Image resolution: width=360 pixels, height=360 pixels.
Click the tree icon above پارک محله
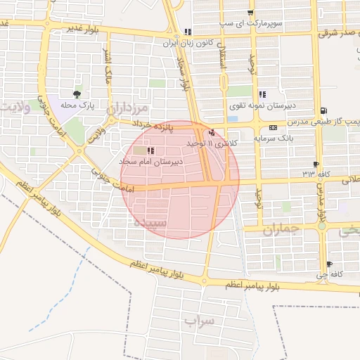coord(77,93)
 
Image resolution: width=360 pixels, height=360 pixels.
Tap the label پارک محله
coord(77,105)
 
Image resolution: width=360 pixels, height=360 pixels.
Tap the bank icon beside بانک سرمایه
coord(273,127)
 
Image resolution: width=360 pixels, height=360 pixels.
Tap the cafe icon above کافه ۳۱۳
coord(316,163)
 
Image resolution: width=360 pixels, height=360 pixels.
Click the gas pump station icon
coord(323,110)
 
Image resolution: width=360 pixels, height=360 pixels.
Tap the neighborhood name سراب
coord(199,321)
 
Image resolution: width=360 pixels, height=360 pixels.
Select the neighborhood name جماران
coord(281,229)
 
